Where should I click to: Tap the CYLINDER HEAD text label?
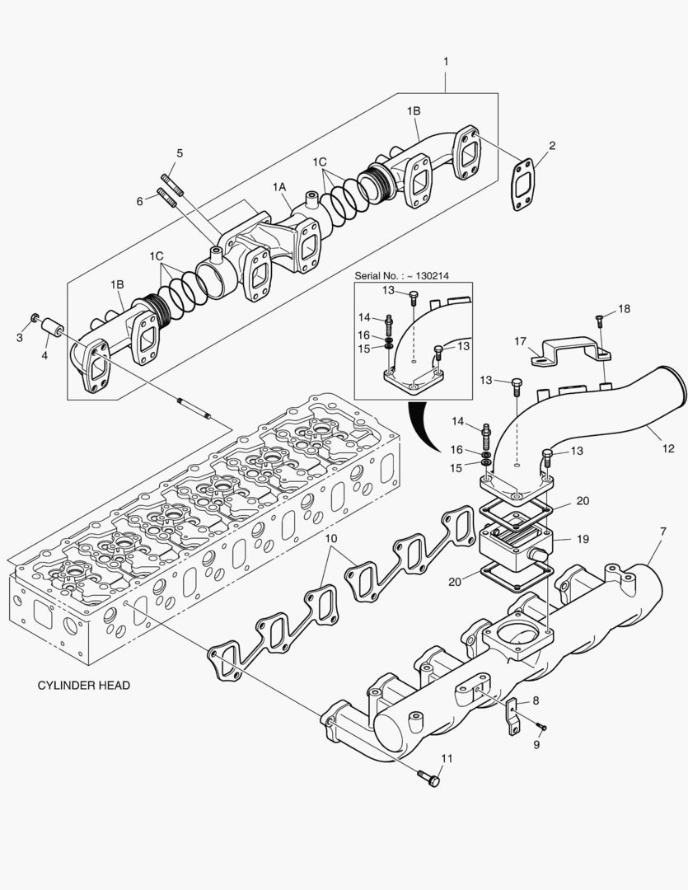coord(84,685)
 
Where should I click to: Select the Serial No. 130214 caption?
coord(406,278)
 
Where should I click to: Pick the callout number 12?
coord(668,449)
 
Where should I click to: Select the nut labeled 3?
coord(35,318)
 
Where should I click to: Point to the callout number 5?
coord(180,153)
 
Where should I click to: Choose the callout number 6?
coord(140,200)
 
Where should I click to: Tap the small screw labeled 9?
coord(541,727)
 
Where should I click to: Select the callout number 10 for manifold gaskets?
coord(331,539)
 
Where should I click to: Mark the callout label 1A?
coord(280,188)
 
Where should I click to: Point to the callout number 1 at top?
coord(446,62)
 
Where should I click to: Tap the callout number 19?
coord(583,540)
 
